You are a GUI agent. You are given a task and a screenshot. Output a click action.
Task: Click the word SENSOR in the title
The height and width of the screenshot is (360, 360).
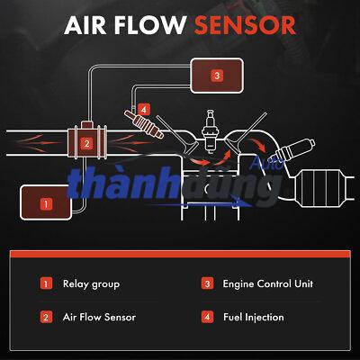point(245,25)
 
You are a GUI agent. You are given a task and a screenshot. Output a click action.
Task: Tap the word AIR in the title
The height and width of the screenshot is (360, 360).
point(85,25)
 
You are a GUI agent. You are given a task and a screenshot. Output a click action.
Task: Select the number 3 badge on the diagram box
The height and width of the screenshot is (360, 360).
point(217,76)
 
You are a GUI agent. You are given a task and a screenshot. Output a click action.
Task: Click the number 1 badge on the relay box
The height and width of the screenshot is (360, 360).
point(46,204)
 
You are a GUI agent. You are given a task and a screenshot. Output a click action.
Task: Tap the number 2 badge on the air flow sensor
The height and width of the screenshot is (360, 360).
point(86,144)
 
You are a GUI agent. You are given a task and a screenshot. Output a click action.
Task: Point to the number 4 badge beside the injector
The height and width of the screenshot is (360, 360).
point(144,110)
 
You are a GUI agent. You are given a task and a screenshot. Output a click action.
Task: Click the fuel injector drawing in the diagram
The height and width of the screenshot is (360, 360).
point(145,124)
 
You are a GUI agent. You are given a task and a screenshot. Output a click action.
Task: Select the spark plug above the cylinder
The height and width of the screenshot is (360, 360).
point(210,130)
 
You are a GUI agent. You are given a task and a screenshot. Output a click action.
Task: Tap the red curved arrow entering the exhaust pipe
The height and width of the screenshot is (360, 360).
point(258,144)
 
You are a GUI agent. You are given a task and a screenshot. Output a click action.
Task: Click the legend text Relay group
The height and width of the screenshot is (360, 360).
point(91,284)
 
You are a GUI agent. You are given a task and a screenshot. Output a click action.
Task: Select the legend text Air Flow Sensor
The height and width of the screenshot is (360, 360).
point(99,317)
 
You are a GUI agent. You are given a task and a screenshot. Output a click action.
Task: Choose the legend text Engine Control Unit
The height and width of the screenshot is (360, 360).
point(268,283)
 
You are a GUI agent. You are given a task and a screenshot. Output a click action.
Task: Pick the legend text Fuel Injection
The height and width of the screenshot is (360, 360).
point(254,317)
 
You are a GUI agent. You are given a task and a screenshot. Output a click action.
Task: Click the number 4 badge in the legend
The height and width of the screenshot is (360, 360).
point(207,317)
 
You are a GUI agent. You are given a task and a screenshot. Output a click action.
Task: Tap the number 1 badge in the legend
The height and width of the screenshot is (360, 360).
point(46,283)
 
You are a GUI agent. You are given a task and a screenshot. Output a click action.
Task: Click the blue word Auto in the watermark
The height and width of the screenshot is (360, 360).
point(267,164)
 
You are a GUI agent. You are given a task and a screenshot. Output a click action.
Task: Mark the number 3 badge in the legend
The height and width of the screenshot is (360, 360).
point(207,283)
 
